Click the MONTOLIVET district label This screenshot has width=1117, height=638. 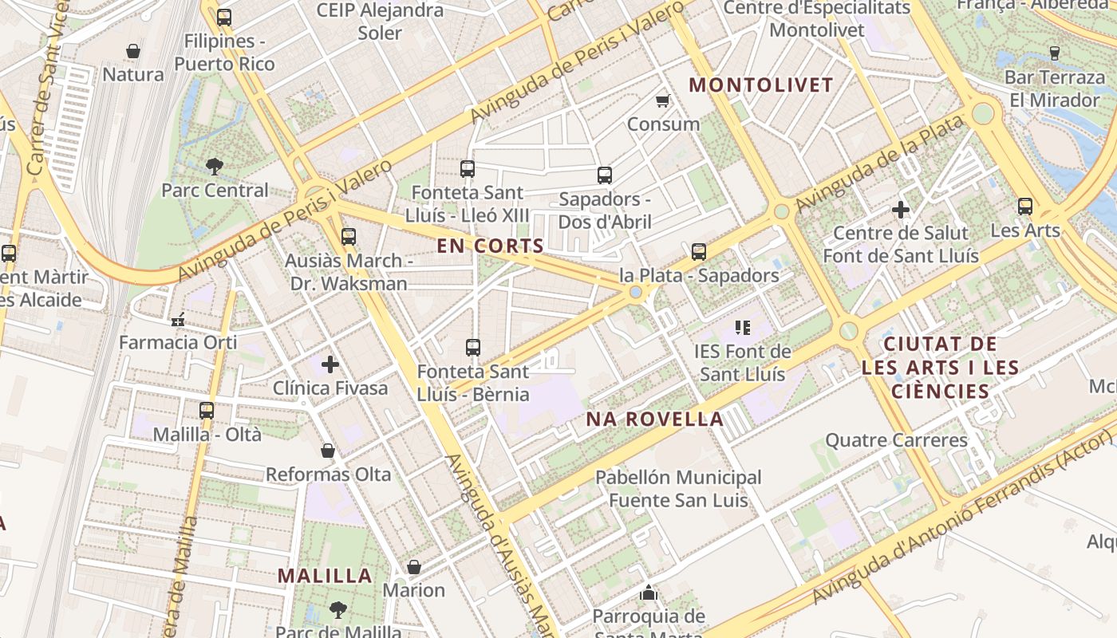(x=760, y=85)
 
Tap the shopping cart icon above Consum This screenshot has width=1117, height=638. (x=662, y=100)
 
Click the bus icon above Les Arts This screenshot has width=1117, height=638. (x=1025, y=207)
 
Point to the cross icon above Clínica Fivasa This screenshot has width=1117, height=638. (x=330, y=364)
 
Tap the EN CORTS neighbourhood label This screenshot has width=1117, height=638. (x=490, y=246)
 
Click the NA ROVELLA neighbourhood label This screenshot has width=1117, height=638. (x=655, y=419)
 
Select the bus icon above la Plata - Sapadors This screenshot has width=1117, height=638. (x=699, y=252)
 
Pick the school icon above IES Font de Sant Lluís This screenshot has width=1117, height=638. (x=743, y=327)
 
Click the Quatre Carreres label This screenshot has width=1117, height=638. (x=896, y=439)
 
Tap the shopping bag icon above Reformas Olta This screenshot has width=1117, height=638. (x=327, y=451)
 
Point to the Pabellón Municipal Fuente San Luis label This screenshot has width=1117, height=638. (x=678, y=488)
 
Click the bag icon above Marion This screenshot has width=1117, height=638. (x=413, y=567)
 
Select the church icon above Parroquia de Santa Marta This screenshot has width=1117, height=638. (x=649, y=593)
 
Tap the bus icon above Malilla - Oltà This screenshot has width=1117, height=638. (x=207, y=411)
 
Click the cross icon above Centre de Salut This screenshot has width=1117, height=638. (x=901, y=210)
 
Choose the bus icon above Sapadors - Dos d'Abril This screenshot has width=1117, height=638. (x=605, y=175)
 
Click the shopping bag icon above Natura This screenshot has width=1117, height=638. (x=133, y=51)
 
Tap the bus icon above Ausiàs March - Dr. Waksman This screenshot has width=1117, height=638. (x=348, y=236)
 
